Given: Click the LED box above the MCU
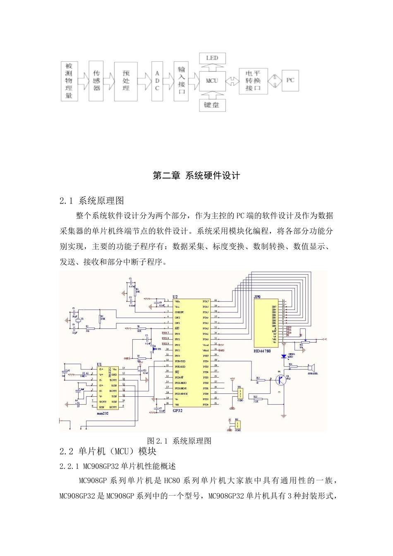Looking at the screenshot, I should [212, 58].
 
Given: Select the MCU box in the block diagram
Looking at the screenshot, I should [212, 80].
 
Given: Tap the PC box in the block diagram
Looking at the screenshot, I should [290, 80].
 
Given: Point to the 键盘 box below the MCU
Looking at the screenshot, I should [212, 105].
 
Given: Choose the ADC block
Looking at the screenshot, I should [157, 80].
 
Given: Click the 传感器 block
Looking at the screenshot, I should [96, 80].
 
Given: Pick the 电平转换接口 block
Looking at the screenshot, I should [253, 80].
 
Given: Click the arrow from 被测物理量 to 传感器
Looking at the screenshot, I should [82, 80].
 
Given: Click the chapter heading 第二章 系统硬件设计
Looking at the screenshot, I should [196, 176].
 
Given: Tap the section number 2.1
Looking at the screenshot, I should [66, 201].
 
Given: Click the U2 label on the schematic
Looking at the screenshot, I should [175, 297].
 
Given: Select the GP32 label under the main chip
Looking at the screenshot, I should [177, 411].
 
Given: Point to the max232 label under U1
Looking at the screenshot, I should [102, 413].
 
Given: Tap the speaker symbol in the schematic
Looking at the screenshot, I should [311, 367].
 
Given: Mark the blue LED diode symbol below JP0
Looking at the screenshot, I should [284, 356].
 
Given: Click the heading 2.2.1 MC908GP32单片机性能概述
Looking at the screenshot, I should [118, 466].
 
